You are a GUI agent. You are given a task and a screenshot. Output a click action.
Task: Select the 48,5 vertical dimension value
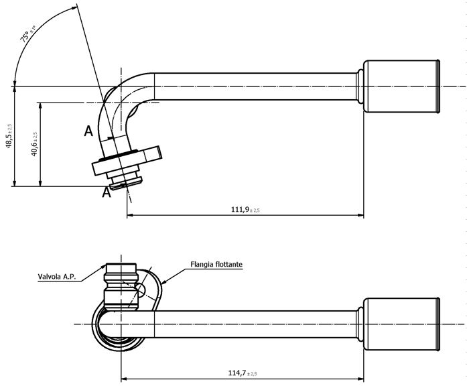click(9, 137)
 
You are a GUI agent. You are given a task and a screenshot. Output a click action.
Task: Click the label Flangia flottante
click(216, 265)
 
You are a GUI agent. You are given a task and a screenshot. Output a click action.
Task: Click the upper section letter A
click(88, 131)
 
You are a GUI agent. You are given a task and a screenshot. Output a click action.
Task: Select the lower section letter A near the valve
click(105, 193)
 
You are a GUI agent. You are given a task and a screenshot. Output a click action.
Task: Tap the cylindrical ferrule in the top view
click(400, 87)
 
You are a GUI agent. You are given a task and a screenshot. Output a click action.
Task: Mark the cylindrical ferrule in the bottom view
click(400, 324)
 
